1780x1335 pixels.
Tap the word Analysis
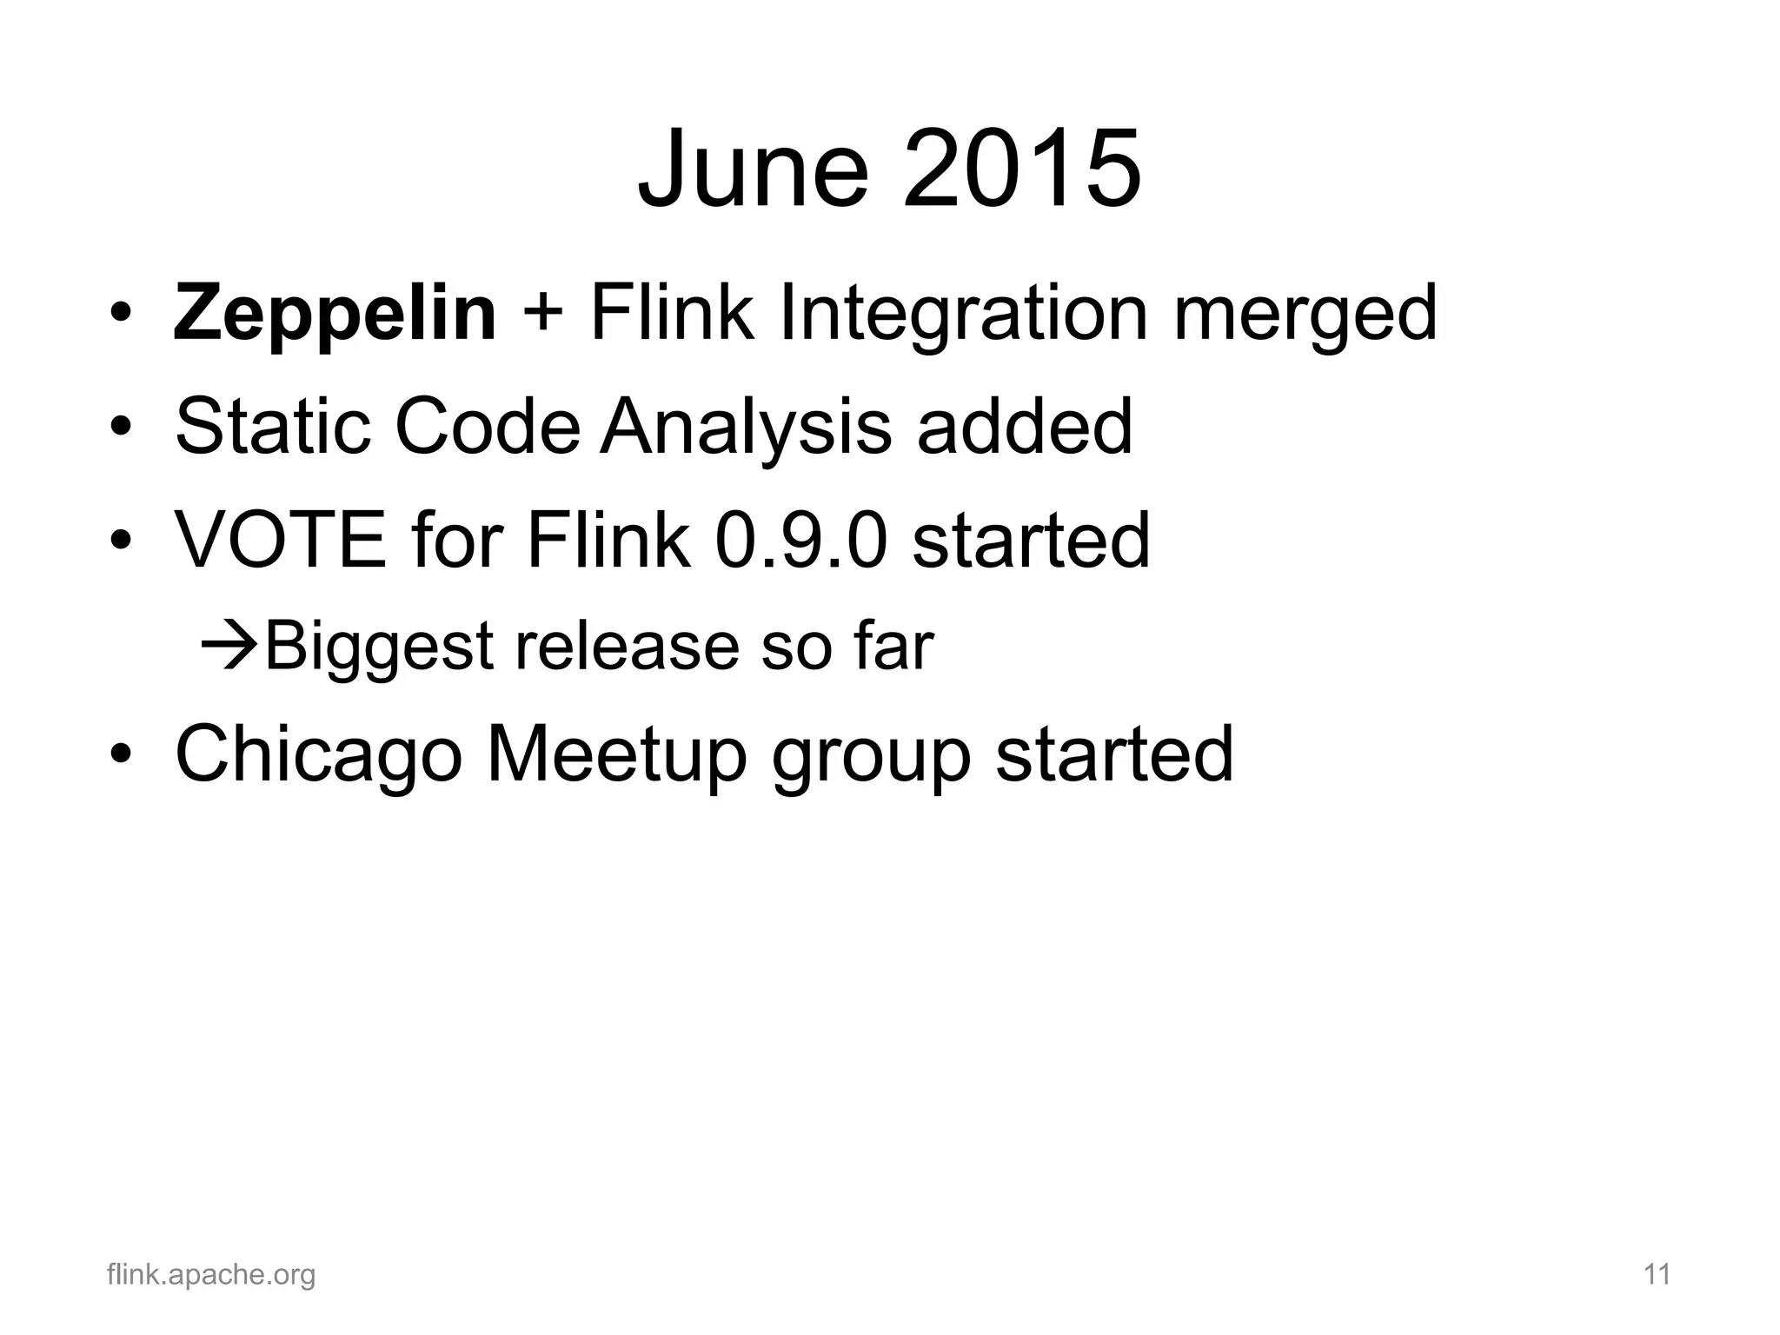pyautogui.click(x=746, y=428)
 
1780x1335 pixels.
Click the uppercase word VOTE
pyautogui.click(x=281, y=540)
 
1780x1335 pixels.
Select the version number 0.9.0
pyautogui.click(x=801, y=540)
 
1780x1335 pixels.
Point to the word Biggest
pyautogui.click(x=379, y=648)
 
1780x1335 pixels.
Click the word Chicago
pyautogui.click(x=318, y=754)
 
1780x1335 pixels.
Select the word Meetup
pyautogui.click(x=616, y=754)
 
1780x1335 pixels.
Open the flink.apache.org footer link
pyautogui.click(x=211, y=1275)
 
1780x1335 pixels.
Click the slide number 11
pyautogui.click(x=1657, y=1275)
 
